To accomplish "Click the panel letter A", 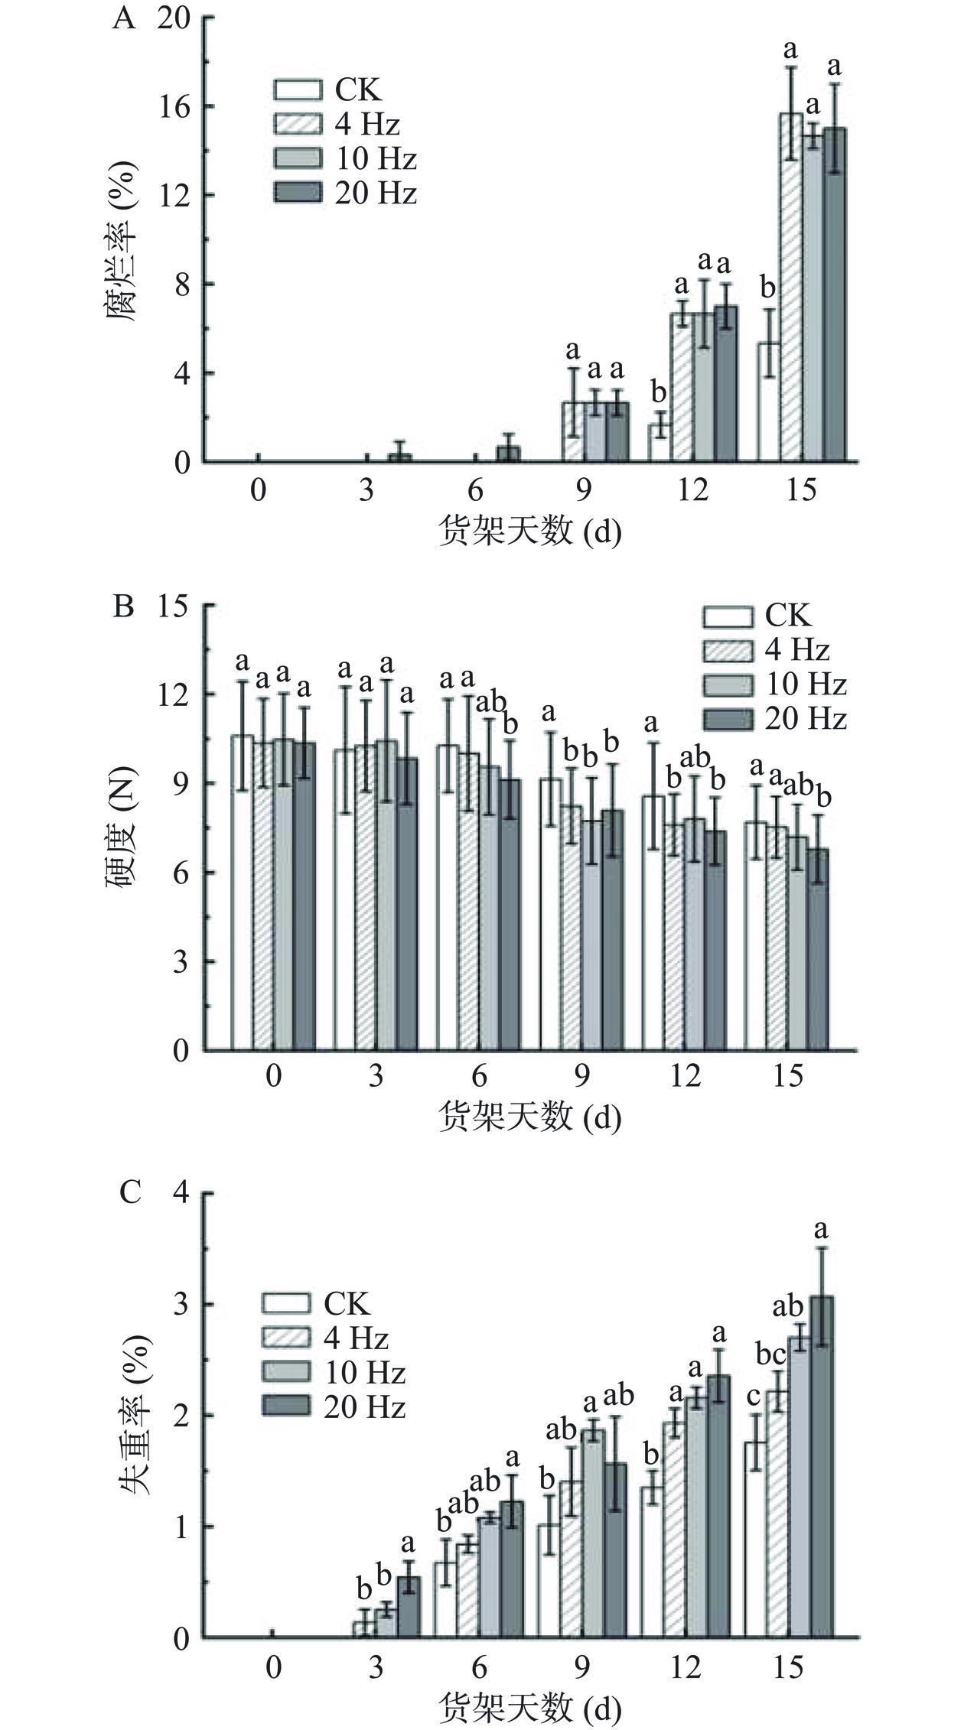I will [123, 18].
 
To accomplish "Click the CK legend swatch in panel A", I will [298, 89].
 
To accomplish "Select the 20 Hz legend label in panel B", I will [806, 718].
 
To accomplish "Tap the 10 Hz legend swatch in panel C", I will [286, 1373].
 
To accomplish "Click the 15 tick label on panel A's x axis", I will [801, 489].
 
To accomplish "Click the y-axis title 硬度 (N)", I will [120, 825].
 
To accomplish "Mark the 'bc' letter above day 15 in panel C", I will [770, 1354].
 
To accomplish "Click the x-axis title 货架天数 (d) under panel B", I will [529, 1118].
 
